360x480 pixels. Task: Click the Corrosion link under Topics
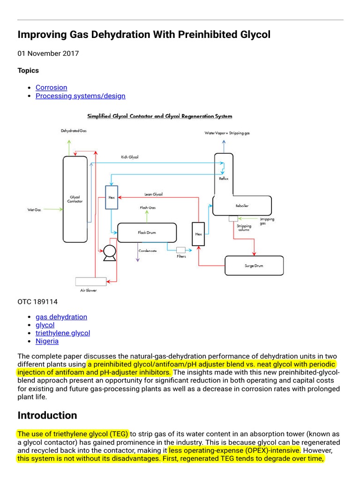click(51, 87)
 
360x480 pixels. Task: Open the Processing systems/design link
click(80, 96)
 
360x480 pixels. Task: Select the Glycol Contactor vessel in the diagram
click(75, 199)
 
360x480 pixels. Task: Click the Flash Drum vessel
click(147, 232)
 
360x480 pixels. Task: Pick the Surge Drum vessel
click(254, 266)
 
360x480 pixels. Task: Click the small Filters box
click(181, 250)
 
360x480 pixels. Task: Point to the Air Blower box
click(91, 281)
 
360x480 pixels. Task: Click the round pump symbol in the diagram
click(110, 252)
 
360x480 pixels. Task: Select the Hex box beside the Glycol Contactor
click(111, 197)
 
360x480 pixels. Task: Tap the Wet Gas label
click(34, 210)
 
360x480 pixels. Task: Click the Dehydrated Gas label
click(74, 131)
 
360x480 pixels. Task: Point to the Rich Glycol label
click(130, 157)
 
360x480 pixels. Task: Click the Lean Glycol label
click(153, 194)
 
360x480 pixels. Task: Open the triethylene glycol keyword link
click(63, 333)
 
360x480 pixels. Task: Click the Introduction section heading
click(47, 415)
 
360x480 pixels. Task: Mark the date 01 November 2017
click(48, 53)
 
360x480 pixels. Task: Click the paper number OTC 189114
click(37, 302)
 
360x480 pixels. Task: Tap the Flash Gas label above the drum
click(148, 207)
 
